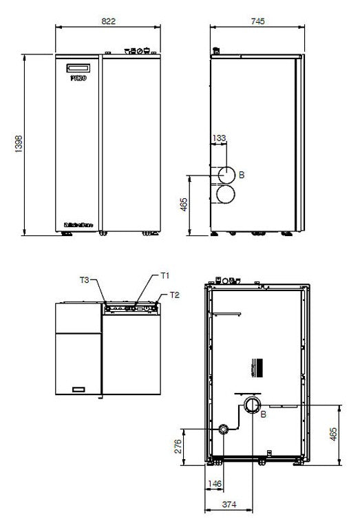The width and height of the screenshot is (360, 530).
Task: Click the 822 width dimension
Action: [108, 21]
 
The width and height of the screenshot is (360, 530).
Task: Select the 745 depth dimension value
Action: [258, 21]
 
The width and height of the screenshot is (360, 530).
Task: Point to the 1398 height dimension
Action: [19, 144]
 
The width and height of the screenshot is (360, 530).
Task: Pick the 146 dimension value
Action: [215, 484]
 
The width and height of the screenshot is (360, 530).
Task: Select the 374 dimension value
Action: [230, 505]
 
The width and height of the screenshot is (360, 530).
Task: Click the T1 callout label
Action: [165, 275]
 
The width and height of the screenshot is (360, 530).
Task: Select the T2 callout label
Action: [174, 295]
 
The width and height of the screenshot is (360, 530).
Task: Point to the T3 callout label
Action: [84, 279]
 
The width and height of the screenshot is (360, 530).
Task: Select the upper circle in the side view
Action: [227, 176]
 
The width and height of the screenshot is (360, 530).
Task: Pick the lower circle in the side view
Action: [227, 195]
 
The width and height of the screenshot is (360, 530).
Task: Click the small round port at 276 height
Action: [224, 429]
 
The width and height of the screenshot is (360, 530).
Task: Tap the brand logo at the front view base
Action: [78, 224]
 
